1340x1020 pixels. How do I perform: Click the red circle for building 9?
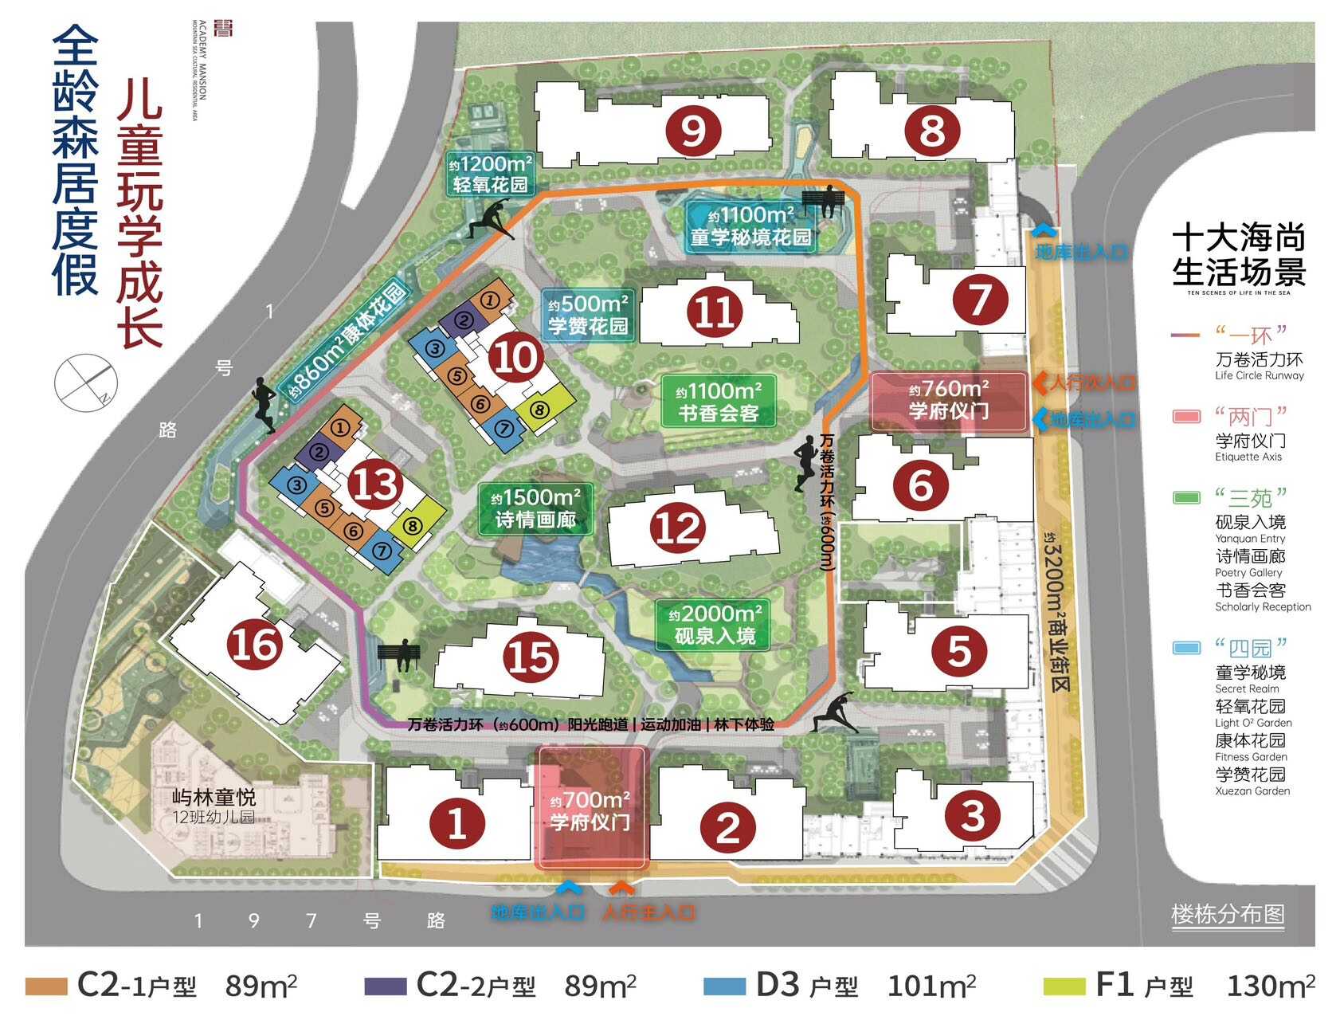(x=694, y=131)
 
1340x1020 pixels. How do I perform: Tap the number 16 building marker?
(x=255, y=644)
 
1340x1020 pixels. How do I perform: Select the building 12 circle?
(x=678, y=528)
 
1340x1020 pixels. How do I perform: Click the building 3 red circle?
(x=972, y=815)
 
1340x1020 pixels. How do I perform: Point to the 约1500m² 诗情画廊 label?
(x=535, y=508)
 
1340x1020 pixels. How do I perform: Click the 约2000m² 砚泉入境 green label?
(x=714, y=625)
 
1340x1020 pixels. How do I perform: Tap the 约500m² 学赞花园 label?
(x=588, y=315)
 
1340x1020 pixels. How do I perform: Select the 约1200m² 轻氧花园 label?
(x=490, y=175)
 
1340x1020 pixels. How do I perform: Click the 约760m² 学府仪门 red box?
(x=948, y=400)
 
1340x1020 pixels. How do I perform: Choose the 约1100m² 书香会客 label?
(x=719, y=402)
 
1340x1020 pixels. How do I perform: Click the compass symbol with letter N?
(x=85, y=381)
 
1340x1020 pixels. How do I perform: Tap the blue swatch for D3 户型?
(x=724, y=987)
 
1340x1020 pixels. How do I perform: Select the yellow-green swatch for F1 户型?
(x=1064, y=987)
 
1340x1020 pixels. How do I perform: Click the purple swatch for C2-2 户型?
(x=385, y=987)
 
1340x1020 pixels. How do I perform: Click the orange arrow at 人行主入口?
(x=621, y=888)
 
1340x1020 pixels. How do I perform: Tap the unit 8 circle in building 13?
(x=412, y=525)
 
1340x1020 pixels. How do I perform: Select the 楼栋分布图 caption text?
(x=1228, y=914)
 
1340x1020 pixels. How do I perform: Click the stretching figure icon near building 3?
(x=835, y=712)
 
